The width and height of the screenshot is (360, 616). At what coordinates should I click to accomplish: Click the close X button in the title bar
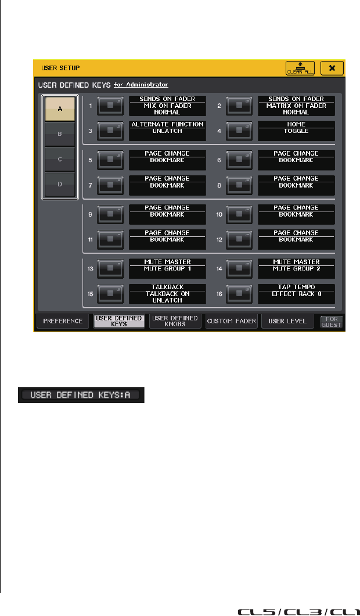[332, 68]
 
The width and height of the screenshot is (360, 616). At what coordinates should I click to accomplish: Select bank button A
[60, 109]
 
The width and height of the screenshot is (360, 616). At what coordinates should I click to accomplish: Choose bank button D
[60, 185]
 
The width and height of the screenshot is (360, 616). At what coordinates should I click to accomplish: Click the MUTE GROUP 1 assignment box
[167, 269]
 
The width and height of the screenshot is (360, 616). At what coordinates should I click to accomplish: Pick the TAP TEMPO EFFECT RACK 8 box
[297, 294]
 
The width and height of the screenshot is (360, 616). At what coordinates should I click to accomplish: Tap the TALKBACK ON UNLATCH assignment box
[167, 294]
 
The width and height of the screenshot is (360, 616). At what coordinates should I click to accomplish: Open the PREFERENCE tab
[63, 321]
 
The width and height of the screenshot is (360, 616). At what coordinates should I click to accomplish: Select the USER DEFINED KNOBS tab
[174, 321]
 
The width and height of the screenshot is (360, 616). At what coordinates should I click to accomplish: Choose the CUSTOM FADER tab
[231, 321]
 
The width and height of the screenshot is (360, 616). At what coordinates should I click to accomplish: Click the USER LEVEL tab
[287, 321]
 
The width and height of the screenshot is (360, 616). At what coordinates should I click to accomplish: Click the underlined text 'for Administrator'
[141, 84]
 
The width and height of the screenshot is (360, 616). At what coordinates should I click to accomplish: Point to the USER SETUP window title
[56, 68]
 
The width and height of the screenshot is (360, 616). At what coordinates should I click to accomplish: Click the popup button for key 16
[239, 294]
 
